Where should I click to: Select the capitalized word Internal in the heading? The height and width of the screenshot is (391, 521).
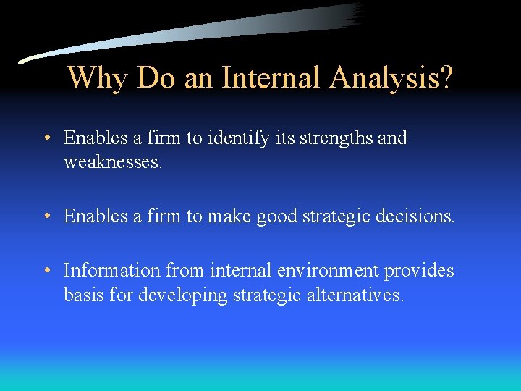269,77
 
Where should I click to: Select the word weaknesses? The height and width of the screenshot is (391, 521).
113,161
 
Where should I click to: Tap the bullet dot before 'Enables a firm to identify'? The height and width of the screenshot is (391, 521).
46,138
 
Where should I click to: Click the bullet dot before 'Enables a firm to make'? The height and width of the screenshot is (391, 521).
46,216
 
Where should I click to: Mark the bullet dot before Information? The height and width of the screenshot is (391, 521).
46,271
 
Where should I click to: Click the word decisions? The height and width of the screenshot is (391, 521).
419,216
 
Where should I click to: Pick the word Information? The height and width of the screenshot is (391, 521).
112,270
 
